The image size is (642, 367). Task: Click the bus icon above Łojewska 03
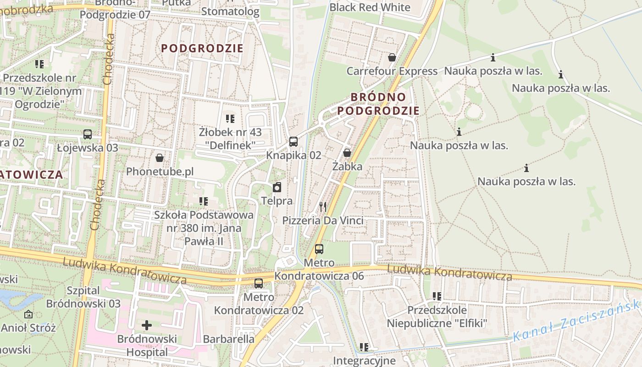pyautogui.click(x=88, y=134)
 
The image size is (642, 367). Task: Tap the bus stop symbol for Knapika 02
pyautogui.click(x=293, y=142)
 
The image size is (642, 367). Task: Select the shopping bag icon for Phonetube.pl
pyautogui.click(x=160, y=158)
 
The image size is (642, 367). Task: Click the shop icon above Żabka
pyautogui.click(x=347, y=153)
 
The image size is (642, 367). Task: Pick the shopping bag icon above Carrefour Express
pyautogui.click(x=392, y=57)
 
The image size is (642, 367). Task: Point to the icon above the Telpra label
pyautogui.click(x=277, y=187)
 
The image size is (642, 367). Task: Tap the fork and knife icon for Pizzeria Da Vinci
pyautogui.click(x=323, y=207)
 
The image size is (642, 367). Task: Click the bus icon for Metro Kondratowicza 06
pyautogui.click(x=319, y=249)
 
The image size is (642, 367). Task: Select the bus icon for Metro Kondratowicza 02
pyautogui.click(x=259, y=284)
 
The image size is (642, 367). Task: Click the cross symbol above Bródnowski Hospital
pyautogui.click(x=147, y=325)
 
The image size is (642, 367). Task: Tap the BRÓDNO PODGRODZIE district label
pyautogui.click(x=378, y=104)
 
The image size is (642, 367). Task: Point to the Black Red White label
pyautogui.click(x=370, y=7)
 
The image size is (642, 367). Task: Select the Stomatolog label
pyautogui.click(x=230, y=11)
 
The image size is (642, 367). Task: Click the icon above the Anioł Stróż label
pyautogui.click(x=28, y=314)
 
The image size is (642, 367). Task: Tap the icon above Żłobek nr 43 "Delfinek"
pyautogui.click(x=230, y=119)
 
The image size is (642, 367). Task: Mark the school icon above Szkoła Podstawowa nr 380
pyautogui.click(x=204, y=201)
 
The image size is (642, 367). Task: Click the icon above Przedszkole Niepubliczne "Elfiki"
pyautogui.click(x=437, y=296)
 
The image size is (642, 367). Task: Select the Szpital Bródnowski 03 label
pyautogui.click(x=83, y=297)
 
